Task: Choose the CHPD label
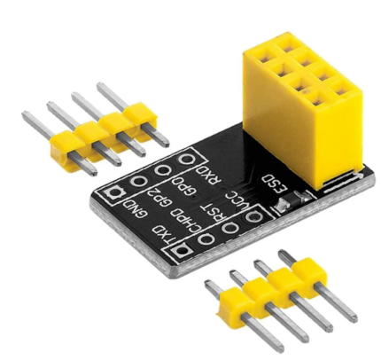[186, 221]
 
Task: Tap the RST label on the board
[212, 213]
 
